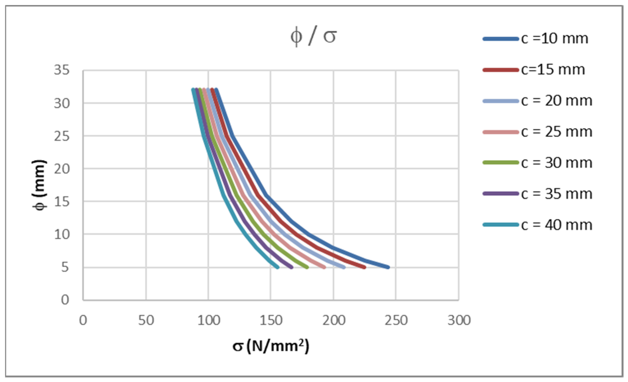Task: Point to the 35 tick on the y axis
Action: [x=61, y=70]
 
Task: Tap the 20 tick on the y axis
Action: [x=61, y=169]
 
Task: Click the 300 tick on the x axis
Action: [x=459, y=320]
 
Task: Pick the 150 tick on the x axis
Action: [x=271, y=320]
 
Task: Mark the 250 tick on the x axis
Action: [x=396, y=320]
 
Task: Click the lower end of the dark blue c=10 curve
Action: [x=388, y=267]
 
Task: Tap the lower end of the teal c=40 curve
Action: [x=278, y=267]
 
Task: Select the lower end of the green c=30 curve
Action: [x=307, y=267]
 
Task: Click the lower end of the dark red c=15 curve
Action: [x=365, y=267]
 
